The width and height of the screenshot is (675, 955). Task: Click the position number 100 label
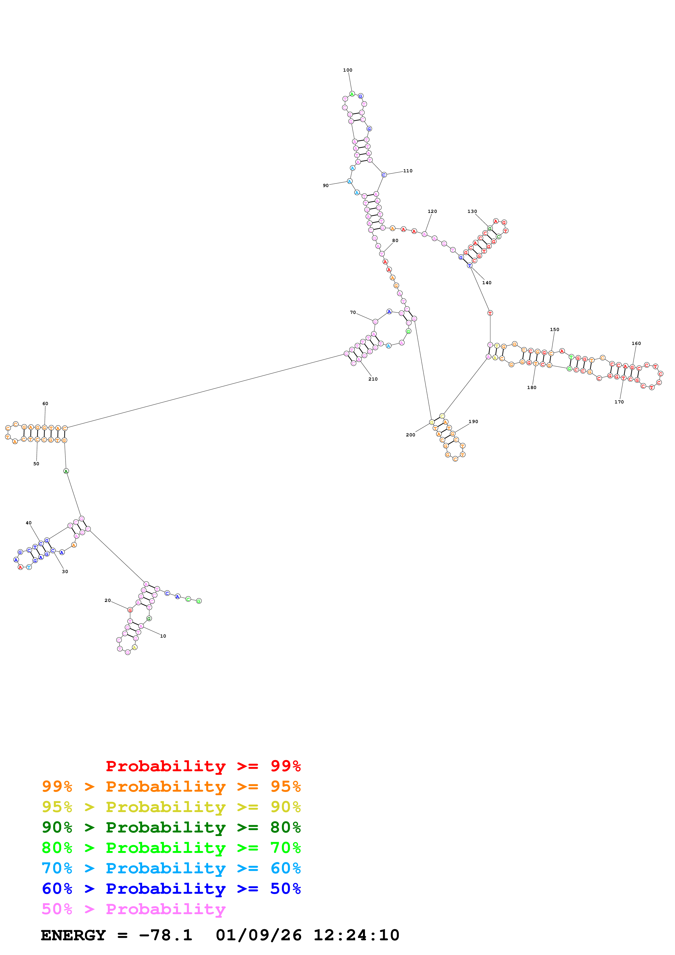point(348,70)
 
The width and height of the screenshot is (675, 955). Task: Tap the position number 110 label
point(408,171)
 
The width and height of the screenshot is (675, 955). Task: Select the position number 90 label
point(326,185)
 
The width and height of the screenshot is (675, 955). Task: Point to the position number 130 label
point(472,211)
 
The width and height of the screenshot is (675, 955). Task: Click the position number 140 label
point(487,283)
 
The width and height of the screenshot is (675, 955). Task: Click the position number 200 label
point(411,435)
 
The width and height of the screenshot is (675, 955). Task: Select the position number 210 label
point(373,379)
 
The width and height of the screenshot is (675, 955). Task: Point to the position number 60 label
point(45,403)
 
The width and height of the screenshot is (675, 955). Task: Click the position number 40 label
point(29,523)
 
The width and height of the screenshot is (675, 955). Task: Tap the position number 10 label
point(163,636)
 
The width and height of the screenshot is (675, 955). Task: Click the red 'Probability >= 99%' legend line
point(203,766)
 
